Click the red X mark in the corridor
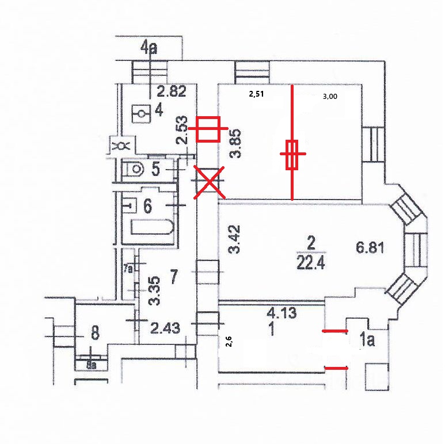tap(210, 182)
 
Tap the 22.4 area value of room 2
tap(311, 263)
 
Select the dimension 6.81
tap(370, 247)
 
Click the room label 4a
tap(149, 48)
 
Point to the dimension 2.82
tap(172, 91)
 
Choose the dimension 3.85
tap(235, 143)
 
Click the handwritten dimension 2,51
tap(256, 94)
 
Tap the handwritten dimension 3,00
tap(330, 97)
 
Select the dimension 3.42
tap(235, 239)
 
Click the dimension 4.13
tap(282, 313)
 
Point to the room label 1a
tap(367, 340)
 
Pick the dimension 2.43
tap(165, 328)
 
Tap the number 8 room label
tap(95, 333)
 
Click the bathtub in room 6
tap(153, 227)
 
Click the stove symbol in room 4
tap(141, 114)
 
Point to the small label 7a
tap(128, 269)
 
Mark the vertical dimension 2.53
tap(182, 130)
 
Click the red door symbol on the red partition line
tap(292, 155)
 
